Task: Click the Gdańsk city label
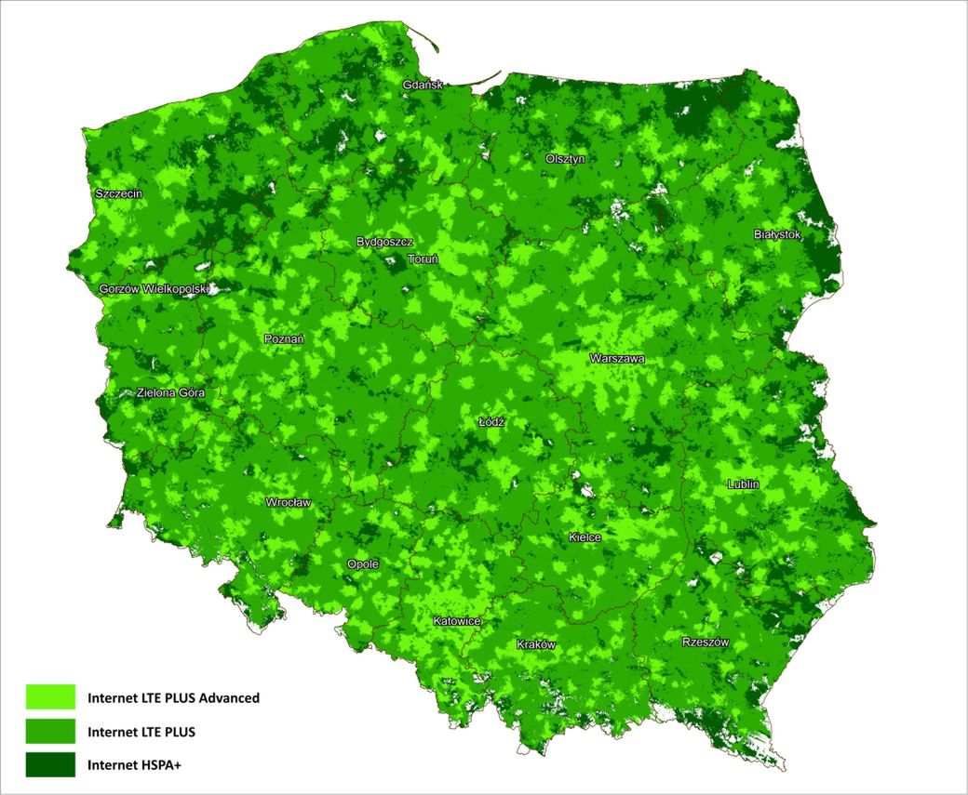click(x=423, y=86)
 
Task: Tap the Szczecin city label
click(x=118, y=194)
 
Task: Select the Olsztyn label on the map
click(x=565, y=159)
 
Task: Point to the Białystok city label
click(x=777, y=235)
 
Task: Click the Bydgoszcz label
click(x=384, y=242)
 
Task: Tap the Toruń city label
click(x=423, y=259)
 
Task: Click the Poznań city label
click(x=284, y=339)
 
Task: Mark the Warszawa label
click(x=616, y=358)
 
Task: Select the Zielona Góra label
click(x=170, y=392)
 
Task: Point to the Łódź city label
click(x=491, y=421)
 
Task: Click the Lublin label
click(x=744, y=484)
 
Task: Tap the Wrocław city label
click(x=289, y=502)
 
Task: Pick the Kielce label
click(x=585, y=537)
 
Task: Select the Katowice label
click(x=456, y=620)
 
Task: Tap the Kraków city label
click(x=536, y=644)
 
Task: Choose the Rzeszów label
click(x=705, y=643)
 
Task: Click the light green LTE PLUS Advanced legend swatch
click(x=50, y=696)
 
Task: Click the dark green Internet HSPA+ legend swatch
click(x=50, y=765)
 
